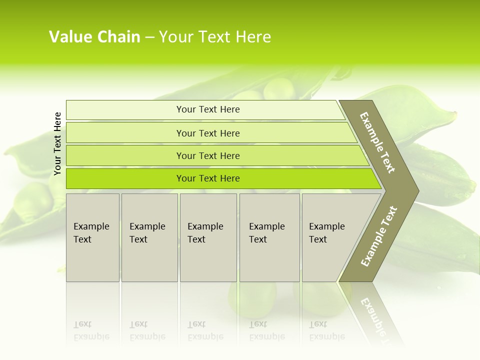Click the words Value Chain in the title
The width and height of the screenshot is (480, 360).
click(94, 37)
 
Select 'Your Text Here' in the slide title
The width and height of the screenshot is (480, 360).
click(215, 37)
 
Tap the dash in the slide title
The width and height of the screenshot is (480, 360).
click(149, 37)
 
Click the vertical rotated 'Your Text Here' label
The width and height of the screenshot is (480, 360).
click(58, 143)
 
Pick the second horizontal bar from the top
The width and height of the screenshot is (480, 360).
click(208, 133)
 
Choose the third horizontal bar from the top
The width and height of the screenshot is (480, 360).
click(208, 155)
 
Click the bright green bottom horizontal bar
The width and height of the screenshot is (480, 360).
click(208, 178)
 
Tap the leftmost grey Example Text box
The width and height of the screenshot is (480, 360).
click(92, 237)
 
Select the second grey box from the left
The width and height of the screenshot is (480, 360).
click(149, 237)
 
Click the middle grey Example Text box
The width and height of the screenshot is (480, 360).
click(208, 237)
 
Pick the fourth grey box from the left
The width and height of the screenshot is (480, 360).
click(269, 237)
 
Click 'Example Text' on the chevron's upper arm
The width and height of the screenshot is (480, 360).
click(377, 142)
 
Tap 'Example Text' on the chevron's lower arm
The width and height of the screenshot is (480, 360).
click(379, 236)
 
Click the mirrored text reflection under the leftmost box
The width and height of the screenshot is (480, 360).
click(91, 331)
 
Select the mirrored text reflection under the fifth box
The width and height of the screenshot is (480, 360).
click(326, 331)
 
